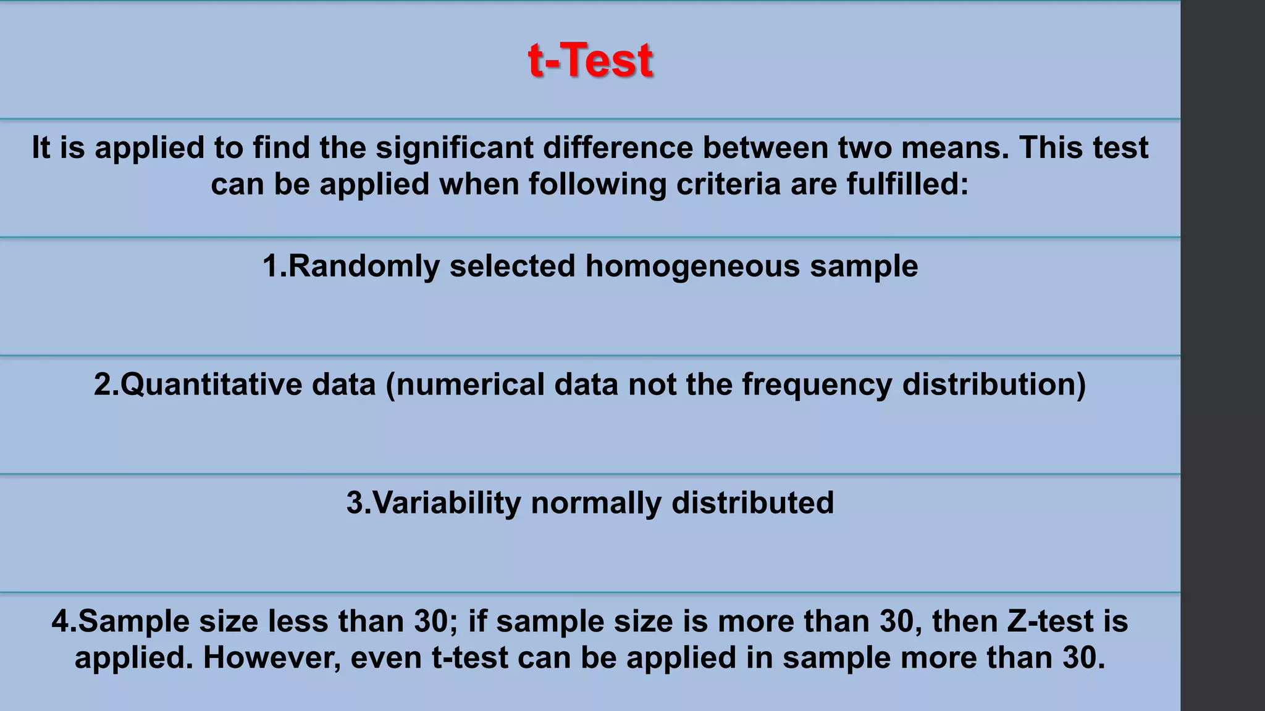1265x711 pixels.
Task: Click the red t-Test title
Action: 590,60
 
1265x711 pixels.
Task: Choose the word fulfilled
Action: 907,185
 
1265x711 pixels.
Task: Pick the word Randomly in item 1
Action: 364,267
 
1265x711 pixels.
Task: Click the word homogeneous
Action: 692,267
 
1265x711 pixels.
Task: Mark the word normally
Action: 596,504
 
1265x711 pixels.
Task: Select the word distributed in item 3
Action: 752,503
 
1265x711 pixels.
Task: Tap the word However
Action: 272,658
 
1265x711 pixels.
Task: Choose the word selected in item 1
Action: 513,267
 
